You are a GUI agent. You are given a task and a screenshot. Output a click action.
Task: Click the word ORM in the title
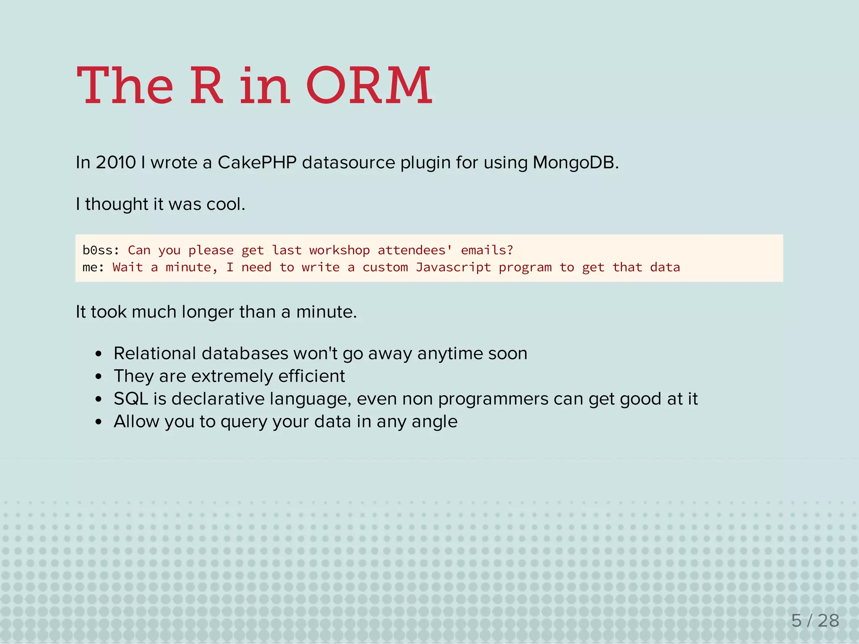coord(369,86)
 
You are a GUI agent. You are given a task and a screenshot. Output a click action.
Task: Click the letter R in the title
coord(206,86)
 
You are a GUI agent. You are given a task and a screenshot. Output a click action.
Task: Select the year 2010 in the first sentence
coord(116,163)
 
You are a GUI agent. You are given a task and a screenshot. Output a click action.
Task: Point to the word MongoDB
coord(575,163)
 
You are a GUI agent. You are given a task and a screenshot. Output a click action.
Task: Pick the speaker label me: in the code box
coord(93,267)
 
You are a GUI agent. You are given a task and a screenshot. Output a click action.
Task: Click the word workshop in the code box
coord(339,250)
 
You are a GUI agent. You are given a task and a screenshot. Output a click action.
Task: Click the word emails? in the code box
coord(487,250)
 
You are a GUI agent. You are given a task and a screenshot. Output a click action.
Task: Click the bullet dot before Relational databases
coord(99,354)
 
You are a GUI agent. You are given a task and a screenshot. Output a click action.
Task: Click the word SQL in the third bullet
coord(131,399)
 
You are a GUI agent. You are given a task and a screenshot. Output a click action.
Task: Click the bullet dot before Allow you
coord(99,422)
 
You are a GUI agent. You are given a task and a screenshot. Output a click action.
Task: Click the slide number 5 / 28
coord(815,621)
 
